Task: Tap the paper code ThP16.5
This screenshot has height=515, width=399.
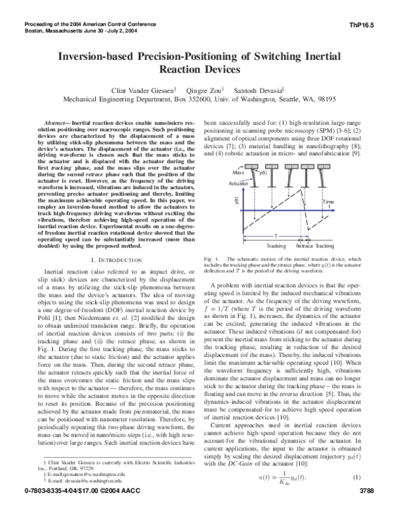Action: pos(372,24)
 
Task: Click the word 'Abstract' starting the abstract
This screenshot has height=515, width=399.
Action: pos(58,124)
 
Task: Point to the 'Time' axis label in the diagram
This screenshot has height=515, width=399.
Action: pos(346,201)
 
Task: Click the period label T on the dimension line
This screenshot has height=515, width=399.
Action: pos(275,235)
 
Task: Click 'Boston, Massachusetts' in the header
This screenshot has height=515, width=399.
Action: pos(44,31)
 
